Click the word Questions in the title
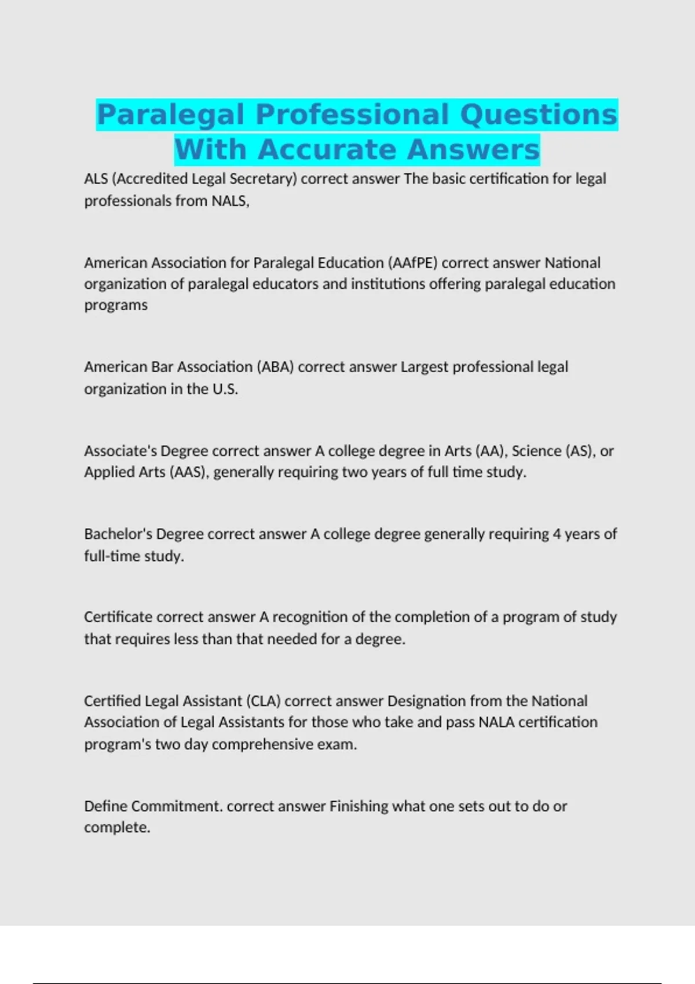click(539, 114)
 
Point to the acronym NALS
click(230, 201)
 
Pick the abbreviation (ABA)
click(275, 367)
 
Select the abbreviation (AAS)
click(188, 472)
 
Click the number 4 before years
click(557, 534)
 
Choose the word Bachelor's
click(118, 534)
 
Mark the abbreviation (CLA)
click(263, 701)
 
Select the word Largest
click(424, 367)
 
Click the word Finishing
click(359, 806)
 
